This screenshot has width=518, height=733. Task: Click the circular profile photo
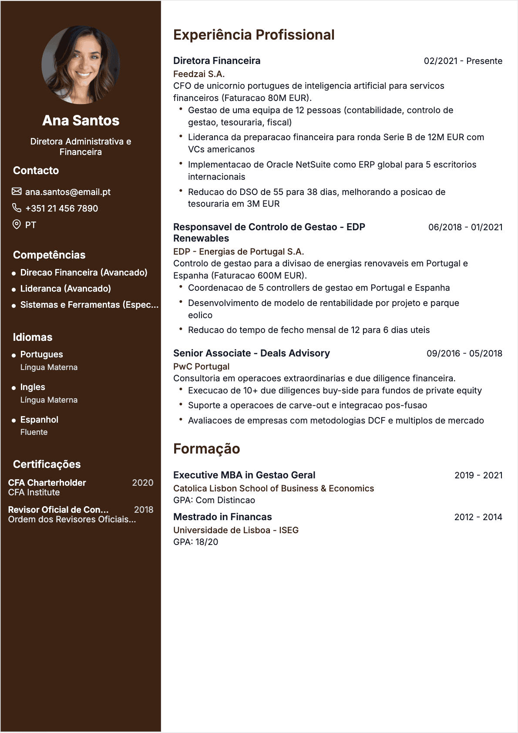[81, 64]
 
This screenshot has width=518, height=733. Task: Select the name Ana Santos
[81, 121]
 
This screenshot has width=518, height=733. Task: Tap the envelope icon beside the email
[17, 192]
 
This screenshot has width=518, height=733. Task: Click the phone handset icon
[17, 208]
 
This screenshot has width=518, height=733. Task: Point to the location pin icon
[17, 225]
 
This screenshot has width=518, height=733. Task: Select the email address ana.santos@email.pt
[67, 192]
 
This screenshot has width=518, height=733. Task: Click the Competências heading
[49, 255]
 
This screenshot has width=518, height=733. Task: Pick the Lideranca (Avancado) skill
[65, 289]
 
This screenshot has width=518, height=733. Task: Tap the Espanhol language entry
[39, 420]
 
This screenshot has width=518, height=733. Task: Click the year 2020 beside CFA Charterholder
[142, 483]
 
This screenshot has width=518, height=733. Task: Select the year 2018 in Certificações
[143, 510]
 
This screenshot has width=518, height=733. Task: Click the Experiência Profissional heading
[254, 35]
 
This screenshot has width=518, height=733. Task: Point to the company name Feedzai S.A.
[199, 74]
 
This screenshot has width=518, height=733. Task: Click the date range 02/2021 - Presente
[463, 61]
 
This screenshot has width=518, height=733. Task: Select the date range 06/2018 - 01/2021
[465, 227]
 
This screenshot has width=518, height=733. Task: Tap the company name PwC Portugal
[201, 366]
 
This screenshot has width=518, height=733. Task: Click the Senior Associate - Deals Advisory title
[251, 353]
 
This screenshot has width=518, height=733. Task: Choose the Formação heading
[206, 449]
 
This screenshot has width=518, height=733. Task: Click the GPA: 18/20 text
[195, 542]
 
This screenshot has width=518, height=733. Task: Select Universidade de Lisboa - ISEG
[235, 530]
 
